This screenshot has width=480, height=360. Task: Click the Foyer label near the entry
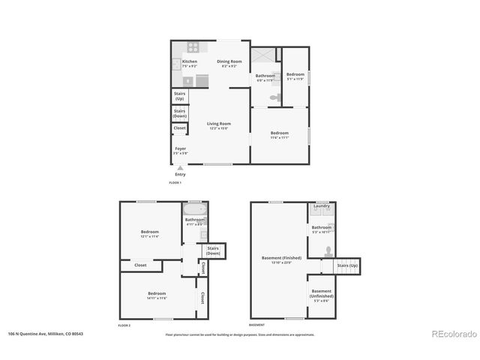[181, 149]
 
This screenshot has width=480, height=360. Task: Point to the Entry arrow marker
[180, 169]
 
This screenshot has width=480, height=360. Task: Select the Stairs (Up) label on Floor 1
[180, 97]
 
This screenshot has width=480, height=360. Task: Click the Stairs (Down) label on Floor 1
[180, 114]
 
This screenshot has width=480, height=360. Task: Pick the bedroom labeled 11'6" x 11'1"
[279, 134]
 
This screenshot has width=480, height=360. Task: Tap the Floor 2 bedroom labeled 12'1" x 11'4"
[150, 233]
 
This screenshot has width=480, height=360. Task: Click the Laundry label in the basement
[322, 205]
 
